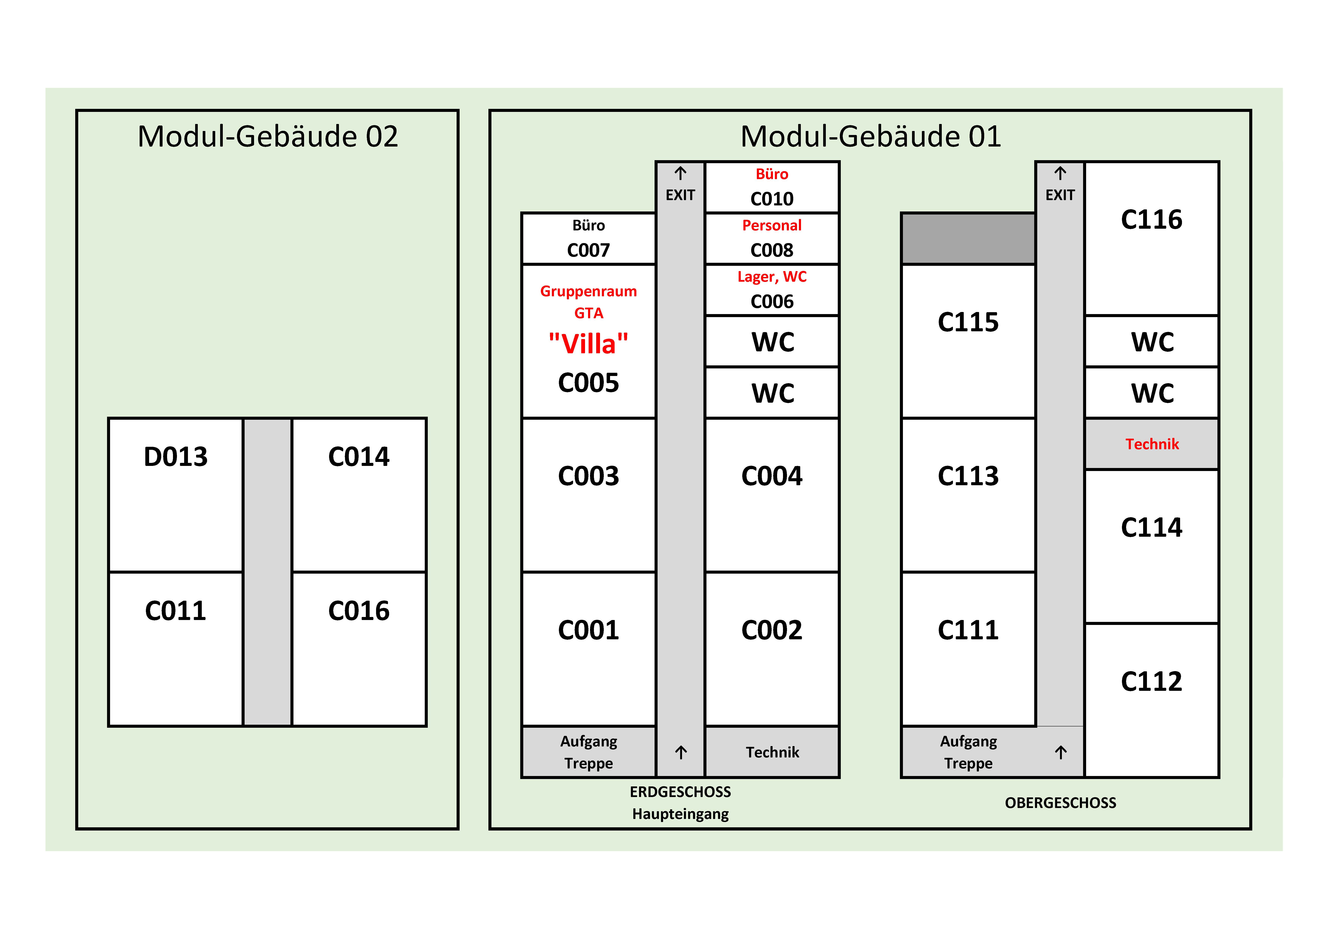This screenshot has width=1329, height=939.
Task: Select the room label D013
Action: tap(175, 456)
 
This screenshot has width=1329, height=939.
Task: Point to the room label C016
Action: tap(359, 610)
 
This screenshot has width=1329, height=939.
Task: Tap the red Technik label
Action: tap(1152, 444)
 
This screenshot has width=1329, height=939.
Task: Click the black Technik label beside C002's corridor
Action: tap(772, 752)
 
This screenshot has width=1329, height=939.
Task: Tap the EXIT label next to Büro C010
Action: tap(680, 195)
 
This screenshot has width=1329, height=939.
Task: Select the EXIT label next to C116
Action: tap(1060, 195)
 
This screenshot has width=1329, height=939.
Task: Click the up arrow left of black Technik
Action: tap(681, 752)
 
